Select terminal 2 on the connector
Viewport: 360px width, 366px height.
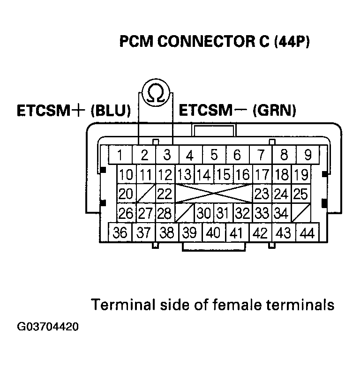click(x=144, y=154)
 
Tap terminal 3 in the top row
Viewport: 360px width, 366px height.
click(x=167, y=154)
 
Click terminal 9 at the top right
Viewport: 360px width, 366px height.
click(x=308, y=154)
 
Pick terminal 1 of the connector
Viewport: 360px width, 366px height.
click(x=120, y=154)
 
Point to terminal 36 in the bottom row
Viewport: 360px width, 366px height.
click(x=120, y=232)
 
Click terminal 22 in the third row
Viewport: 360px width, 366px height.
click(x=165, y=194)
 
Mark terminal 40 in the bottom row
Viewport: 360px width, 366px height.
click(x=213, y=232)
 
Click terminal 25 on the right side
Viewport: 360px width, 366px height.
click(x=300, y=194)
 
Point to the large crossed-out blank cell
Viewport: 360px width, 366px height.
click(x=214, y=194)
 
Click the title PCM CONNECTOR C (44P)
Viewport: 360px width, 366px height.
click(x=215, y=42)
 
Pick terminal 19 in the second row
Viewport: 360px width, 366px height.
click(x=300, y=175)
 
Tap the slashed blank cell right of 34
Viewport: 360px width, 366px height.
click(x=300, y=213)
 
